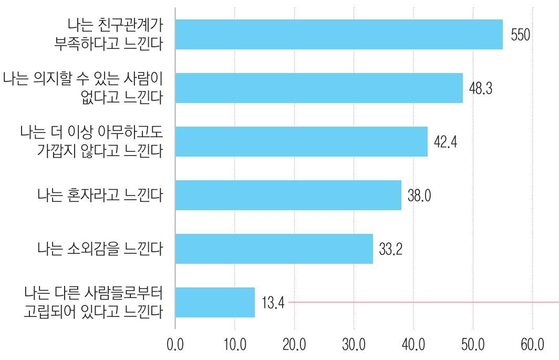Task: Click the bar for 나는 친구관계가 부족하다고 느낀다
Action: (x=339, y=35)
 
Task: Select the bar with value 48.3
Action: (x=319, y=88)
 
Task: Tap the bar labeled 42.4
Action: (x=301, y=141)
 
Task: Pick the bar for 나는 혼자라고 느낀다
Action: (x=288, y=196)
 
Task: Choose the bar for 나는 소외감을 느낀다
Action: (x=274, y=249)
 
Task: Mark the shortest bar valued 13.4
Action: (x=215, y=302)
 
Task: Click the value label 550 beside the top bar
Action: (x=520, y=35)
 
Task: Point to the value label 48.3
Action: (x=480, y=88)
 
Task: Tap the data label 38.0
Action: (x=419, y=196)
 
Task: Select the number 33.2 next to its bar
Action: (x=390, y=249)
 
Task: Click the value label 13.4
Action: (x=273, y=303)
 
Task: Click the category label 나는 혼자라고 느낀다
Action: (x=100, y=196)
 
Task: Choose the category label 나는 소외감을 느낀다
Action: (x=100, y=249)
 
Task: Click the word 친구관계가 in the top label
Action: (x=132, y=24)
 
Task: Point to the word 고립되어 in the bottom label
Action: (x=59, y=311)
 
